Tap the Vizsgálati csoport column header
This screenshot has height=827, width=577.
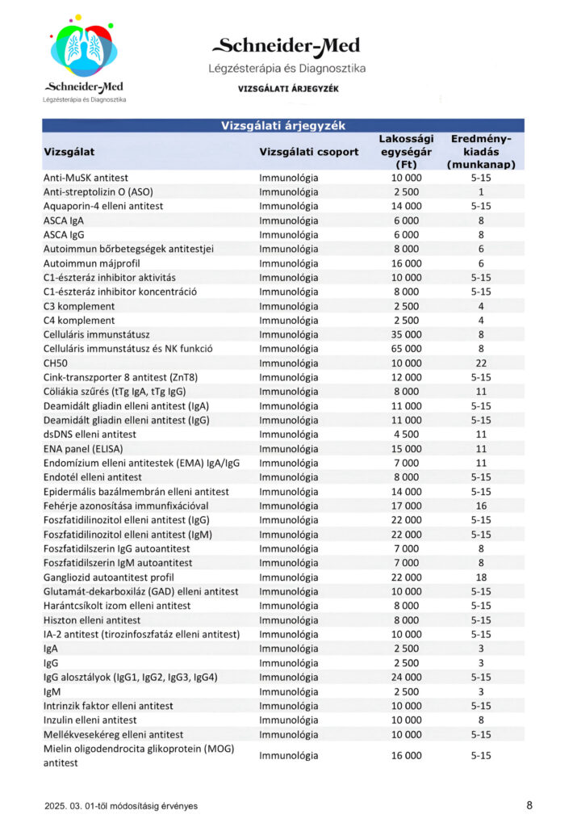(x=309, y=152)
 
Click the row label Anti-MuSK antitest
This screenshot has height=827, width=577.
(x=86, y=178)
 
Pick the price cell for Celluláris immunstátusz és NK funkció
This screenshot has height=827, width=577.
(x=406, y=349)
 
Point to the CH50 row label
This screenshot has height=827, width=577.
(x=56, y=363)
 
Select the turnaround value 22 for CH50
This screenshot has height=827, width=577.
(x=481, y=363)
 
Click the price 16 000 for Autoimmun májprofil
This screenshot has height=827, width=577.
(x=406, y=263)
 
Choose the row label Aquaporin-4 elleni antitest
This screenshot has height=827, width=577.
(x=102, y=206)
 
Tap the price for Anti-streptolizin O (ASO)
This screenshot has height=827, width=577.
(x=406, y=192)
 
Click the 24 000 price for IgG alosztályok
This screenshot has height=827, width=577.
(x=406, y=677)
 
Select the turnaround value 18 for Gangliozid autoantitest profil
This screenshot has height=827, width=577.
(x=481, y=577)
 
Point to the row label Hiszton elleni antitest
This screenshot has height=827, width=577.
(x=92, y=620)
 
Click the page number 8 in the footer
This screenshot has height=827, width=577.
(x=529, y=804)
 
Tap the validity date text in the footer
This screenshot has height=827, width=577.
(x=121, y=805)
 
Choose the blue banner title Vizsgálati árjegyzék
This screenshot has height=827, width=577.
(x=283, y=125)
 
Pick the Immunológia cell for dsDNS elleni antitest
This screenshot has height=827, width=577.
(x=289, y=434)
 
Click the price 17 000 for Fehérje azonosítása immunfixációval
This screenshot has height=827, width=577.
(x=406, y=506)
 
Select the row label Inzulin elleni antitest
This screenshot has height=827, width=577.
(x=90, y=720)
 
